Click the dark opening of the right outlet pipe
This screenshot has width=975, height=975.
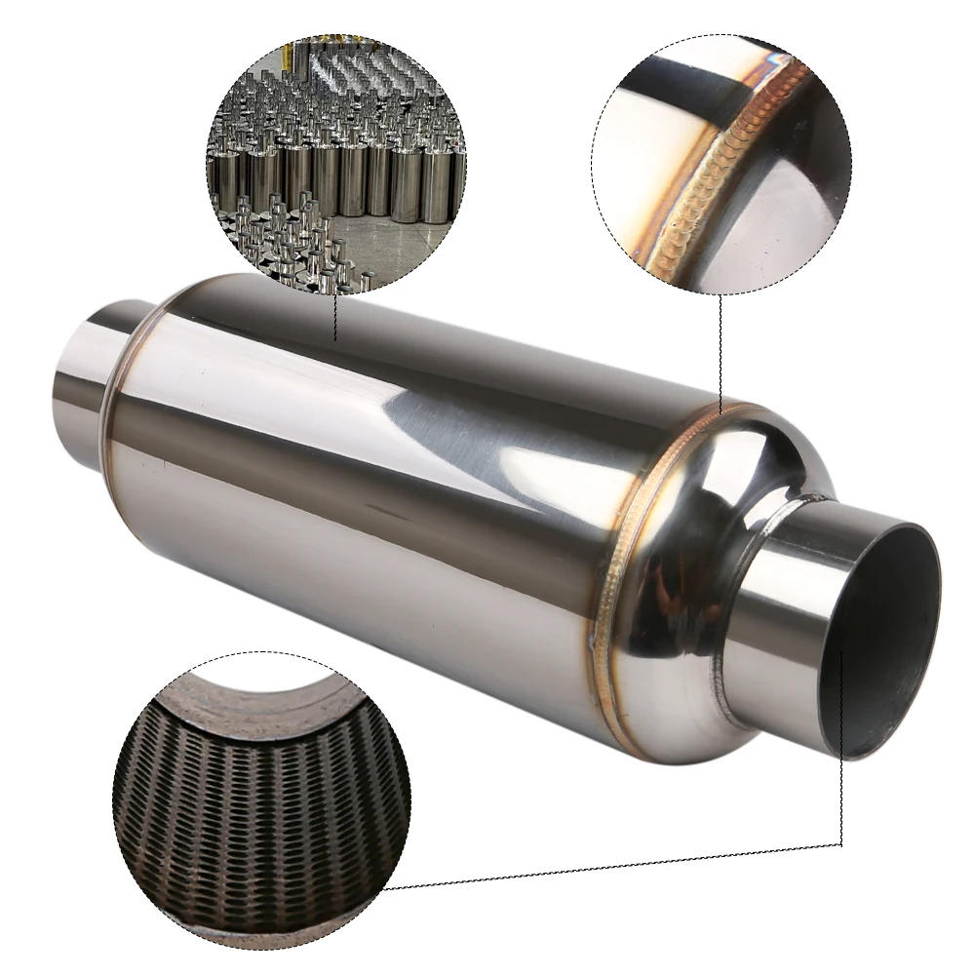882,639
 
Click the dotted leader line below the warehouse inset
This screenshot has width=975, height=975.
334,317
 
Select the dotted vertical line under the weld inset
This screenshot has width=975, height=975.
720,351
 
